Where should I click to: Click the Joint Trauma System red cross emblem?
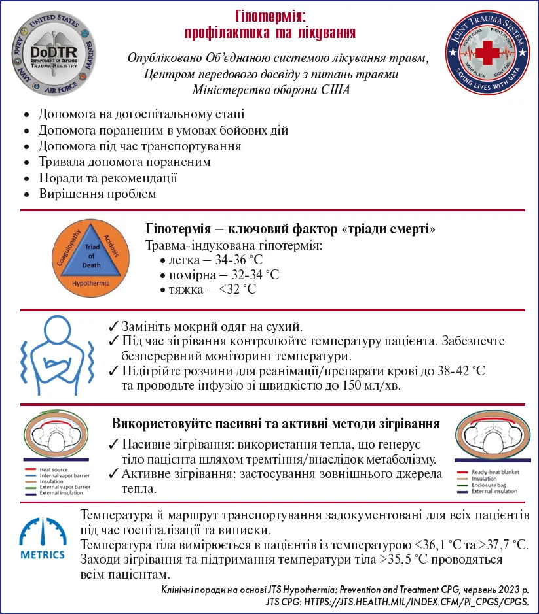click(486, 56)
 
